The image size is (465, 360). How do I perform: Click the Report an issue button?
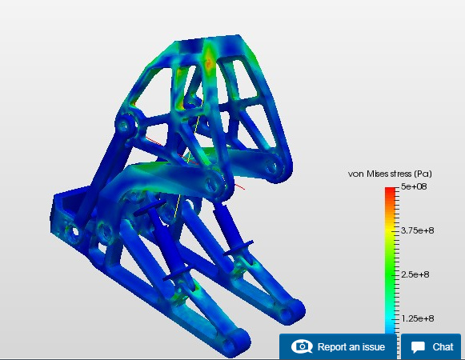click(338, 346)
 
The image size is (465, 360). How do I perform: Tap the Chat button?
click(431, 346)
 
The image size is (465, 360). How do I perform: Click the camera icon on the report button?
click(302, 346)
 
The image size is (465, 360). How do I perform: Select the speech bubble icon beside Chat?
click(418, 347)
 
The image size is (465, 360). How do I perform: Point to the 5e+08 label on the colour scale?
click(414, 186)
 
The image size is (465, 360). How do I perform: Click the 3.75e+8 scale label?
click(417, 230)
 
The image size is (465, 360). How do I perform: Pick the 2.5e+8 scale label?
click(415, 274)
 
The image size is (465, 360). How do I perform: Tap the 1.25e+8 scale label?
click(417, 318)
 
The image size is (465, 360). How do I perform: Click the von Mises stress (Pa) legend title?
click(390, 174)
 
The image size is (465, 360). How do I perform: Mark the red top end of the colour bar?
click(391, 189)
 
